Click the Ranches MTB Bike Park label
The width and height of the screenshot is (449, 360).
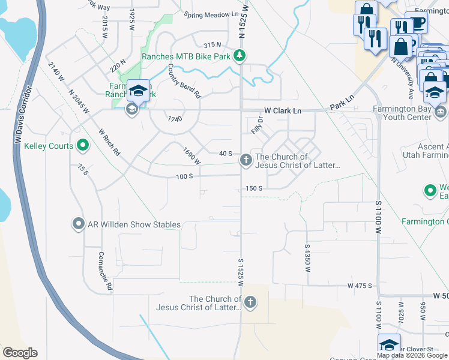coord(186,57)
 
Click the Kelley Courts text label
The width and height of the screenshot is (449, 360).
coord(49,146)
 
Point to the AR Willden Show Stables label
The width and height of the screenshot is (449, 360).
coord(134,225)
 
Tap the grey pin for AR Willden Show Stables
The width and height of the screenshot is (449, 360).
coord(78,224)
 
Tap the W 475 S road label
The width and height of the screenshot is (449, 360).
coord(360,286)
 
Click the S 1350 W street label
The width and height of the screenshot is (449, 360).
coord(307,258)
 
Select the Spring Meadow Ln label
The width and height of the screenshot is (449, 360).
coord(208,15)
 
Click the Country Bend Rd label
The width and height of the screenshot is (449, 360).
coord(184,82)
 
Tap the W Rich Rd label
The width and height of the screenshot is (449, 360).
coord(109,142)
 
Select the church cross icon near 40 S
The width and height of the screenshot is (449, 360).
coord(245,160)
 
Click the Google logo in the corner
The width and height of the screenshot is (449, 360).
coord(20,353)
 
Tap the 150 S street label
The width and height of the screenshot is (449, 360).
coord(254,188)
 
